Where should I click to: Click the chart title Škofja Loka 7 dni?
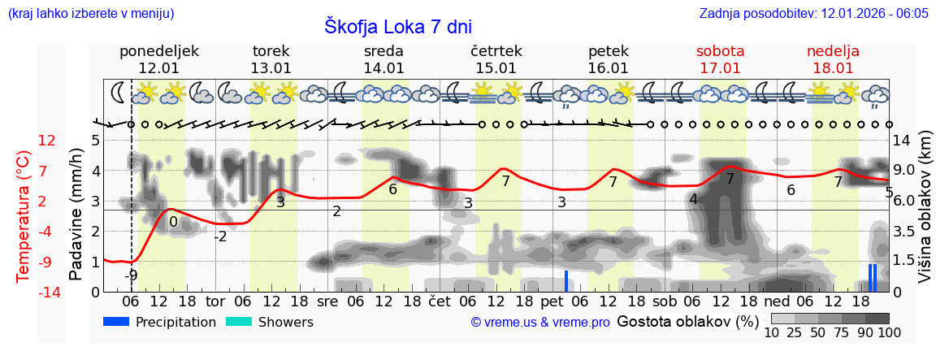click(397, 26)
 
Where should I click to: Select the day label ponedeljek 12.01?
click(158, 59)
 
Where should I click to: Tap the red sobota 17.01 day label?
click(720, 59)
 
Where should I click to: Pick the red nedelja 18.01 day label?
click(833, 59)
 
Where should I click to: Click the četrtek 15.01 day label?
click(496, 59)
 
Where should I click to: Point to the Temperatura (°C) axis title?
click(23, 215)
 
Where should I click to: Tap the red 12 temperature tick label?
click(47, 141)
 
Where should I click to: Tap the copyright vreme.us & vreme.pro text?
click(540, 322)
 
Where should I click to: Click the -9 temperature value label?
click(131, 275)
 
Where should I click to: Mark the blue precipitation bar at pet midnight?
click(566, 280)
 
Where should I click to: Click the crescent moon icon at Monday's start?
click(119, 93)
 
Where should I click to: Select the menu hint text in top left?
click(90, 14)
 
